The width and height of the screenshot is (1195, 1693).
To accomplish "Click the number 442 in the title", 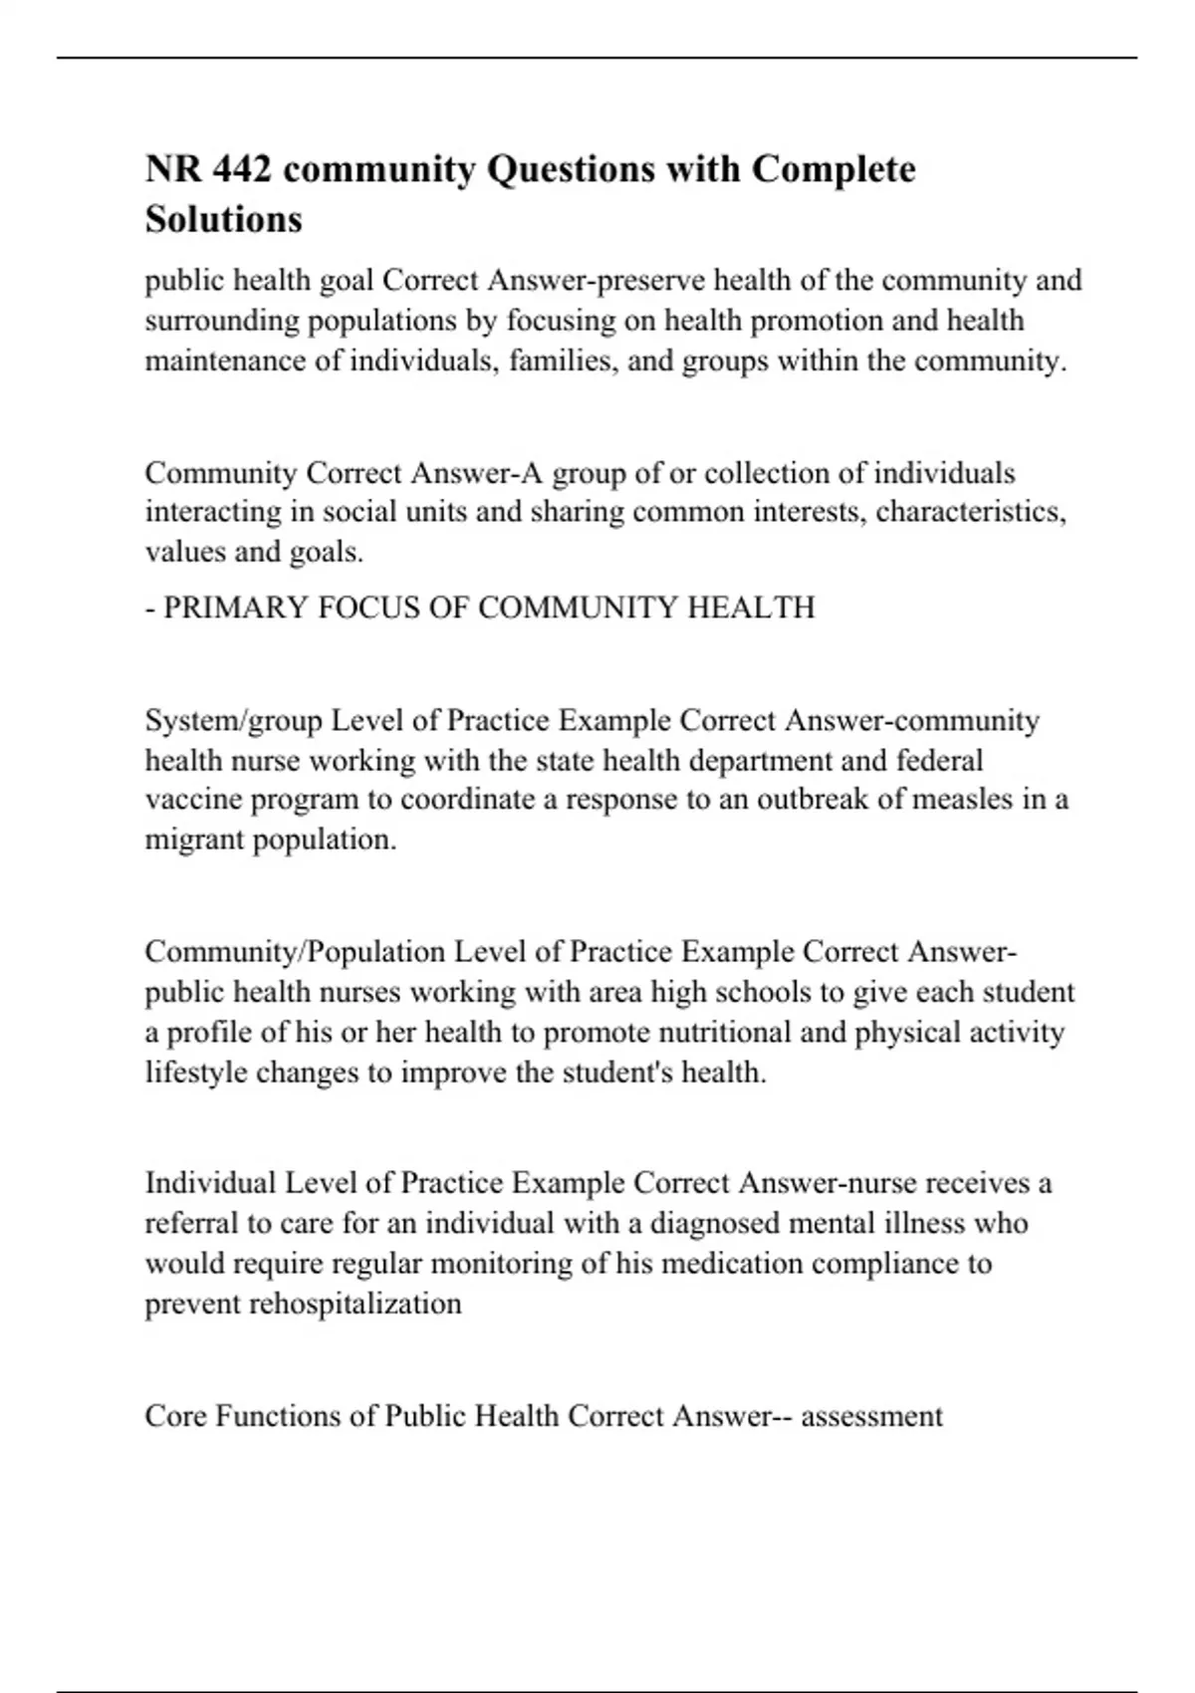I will point(240,169).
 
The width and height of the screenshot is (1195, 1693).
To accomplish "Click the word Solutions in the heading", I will point(223,219).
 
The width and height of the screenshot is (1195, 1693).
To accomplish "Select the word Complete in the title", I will point(833,169).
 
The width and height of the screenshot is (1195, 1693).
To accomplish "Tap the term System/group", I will point(234,720).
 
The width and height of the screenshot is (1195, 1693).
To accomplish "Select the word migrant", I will point(194,840).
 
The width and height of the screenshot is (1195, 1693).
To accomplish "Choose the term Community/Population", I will point(295,952).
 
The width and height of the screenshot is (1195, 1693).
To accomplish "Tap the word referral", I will point(184,1223).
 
